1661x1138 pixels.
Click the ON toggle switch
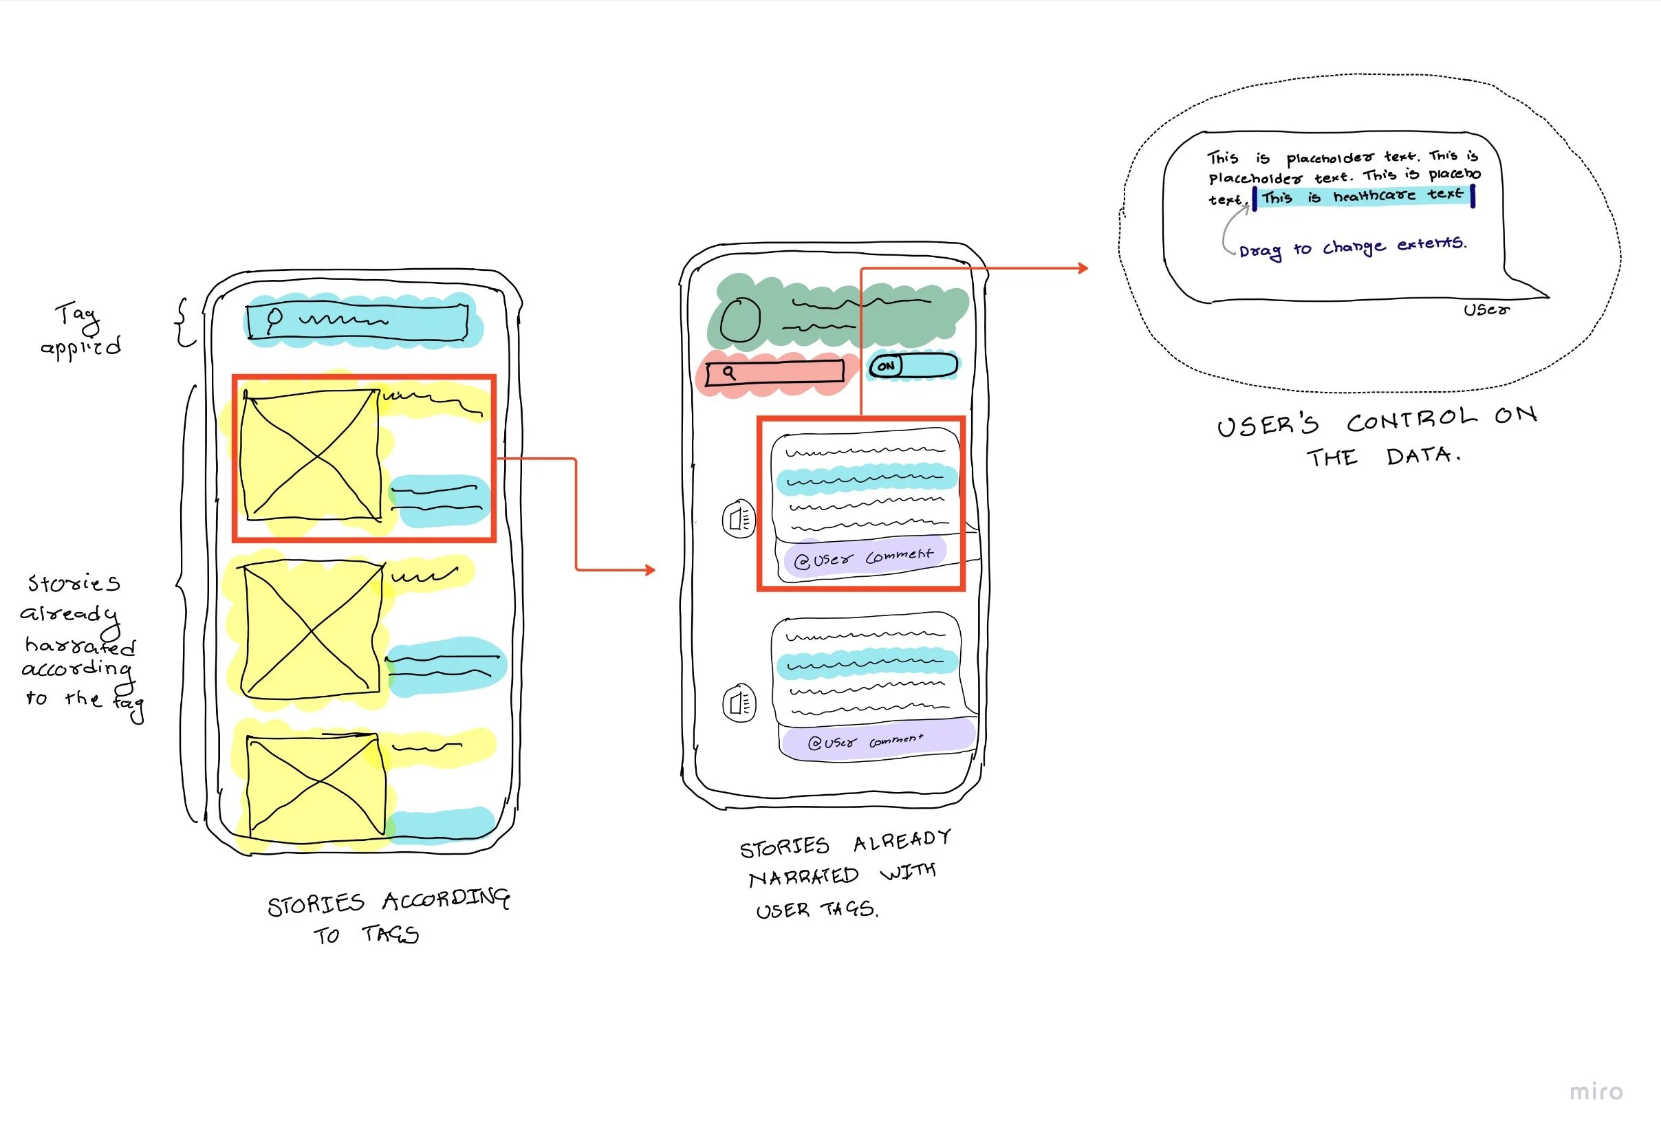tap(913, 366)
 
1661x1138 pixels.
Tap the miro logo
tap(1595, 1091)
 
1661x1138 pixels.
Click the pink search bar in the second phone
tap(774, 373)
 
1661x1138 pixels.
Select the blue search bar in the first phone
tap(358, 322)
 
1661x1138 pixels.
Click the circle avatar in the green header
tap(740, 319)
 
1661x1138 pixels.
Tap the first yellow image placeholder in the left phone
tap(311, 455)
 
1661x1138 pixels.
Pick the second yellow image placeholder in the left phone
tap(312, 630)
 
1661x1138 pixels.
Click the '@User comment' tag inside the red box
tap(864, 557)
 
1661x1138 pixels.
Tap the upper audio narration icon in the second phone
tap(739, 518)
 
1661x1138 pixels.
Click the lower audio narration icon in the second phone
tap(739, 703)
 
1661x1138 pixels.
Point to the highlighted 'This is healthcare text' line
tap(1363, 196)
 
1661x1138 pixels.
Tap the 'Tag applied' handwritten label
tap(80, 330)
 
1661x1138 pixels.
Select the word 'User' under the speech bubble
tap(1486, 310)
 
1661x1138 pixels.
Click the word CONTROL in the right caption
tap(1411, 420)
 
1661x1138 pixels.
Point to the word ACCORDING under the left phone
tap(446, 899)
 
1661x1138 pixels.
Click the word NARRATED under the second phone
tap(803, 877)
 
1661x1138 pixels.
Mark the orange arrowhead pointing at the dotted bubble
tap(1083, 268)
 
